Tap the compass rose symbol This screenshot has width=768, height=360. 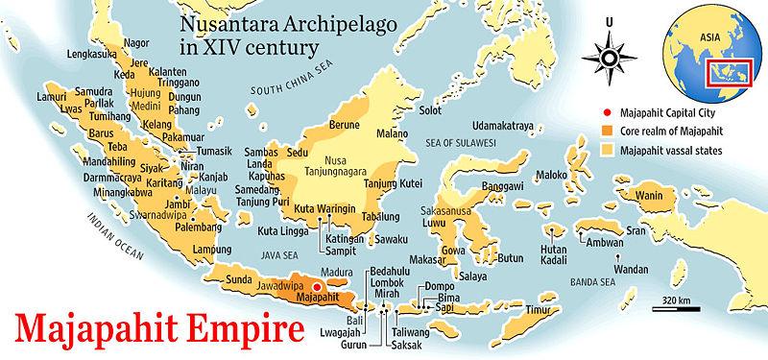(610, 59)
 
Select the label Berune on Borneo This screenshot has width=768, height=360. (343, 124)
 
